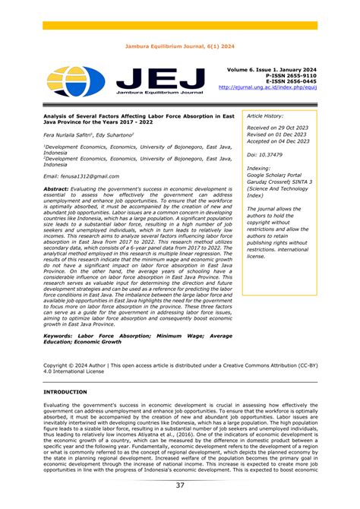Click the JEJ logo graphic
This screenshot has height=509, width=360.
point(125,81)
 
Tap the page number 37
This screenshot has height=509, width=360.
point(179,485)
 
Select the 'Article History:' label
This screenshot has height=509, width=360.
point(265,116)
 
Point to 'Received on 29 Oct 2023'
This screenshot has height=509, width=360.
point(277,128)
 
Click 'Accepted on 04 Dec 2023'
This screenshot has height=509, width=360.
point(277,141)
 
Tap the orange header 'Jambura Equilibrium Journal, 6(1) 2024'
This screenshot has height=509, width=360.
point(179,45)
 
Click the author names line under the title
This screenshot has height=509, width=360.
point(89,134)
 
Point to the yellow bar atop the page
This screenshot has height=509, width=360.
point(179,26)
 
